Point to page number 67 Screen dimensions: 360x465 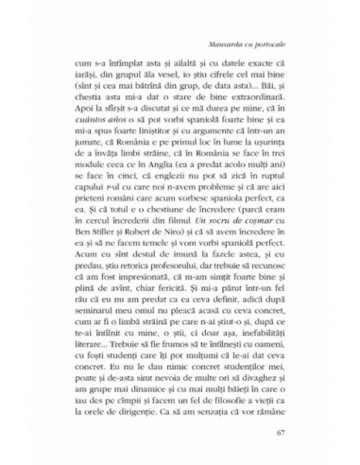(282, 434)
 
